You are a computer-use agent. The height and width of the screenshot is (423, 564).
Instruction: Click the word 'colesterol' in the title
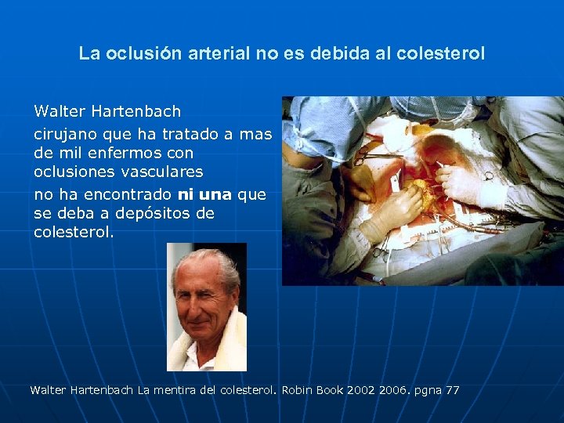coord(441,54)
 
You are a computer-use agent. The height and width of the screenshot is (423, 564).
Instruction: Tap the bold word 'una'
coord(216,193)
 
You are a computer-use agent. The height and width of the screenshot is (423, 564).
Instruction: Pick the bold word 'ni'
coord(185,193)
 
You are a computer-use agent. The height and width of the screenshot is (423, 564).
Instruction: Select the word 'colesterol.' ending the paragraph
coord(74,232)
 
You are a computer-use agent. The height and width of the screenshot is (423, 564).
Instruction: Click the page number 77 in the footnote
coord(452,389)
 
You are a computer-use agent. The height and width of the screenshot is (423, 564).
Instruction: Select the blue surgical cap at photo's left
coord(313,125)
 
